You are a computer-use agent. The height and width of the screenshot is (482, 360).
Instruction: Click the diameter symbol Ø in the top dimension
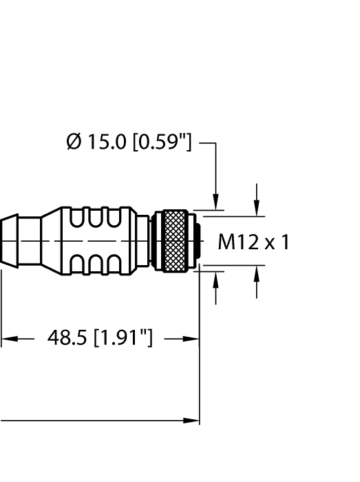click(74, 143)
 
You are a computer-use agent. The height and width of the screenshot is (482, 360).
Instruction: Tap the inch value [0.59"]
click(161, 143)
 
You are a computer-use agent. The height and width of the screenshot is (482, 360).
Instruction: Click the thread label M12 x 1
click(253, 242)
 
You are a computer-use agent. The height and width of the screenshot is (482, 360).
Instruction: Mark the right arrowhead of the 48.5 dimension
click(193, 339)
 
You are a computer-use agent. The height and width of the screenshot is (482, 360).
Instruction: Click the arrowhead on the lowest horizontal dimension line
click(193, 420)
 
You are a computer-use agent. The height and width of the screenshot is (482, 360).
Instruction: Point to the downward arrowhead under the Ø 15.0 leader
click(217, 202)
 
